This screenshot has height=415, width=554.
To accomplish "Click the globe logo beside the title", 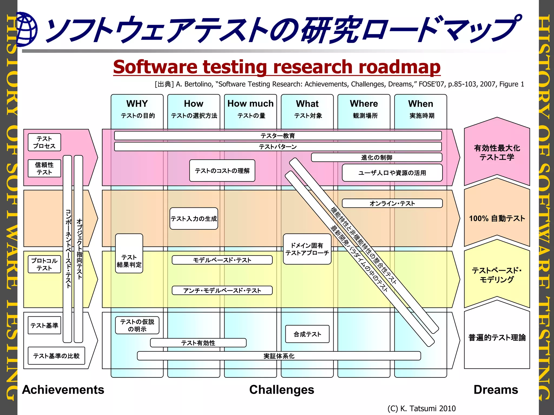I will [27, 29].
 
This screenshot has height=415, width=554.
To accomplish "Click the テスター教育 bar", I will [278, 136].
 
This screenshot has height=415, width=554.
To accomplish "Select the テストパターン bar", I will [278, 147].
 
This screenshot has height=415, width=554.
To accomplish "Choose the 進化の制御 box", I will [377, 158].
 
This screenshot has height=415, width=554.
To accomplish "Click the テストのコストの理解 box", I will [222, 171].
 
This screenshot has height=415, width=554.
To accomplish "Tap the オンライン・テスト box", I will [392, 203].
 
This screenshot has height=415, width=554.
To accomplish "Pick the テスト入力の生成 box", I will [194, 219].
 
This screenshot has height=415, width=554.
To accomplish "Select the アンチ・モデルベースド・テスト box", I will [222, 290].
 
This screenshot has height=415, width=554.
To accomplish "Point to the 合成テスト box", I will [307, 334].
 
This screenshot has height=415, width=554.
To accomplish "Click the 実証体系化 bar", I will [279, 356].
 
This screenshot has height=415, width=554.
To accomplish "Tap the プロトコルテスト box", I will [44, 265].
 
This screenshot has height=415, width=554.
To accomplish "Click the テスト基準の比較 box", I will [56, 356].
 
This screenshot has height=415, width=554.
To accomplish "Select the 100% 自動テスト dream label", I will [497, 218].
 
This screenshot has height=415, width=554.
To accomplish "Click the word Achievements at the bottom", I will [63, 390].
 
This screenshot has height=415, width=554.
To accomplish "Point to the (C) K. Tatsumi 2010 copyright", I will [421, 408].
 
